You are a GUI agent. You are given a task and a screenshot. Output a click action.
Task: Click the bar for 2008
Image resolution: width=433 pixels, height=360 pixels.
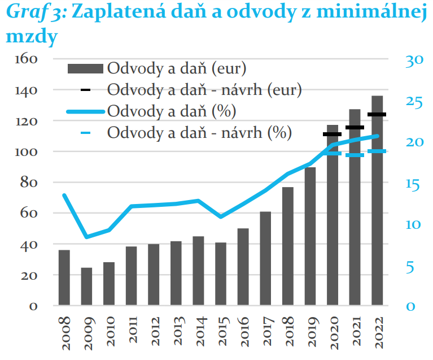[64, 277]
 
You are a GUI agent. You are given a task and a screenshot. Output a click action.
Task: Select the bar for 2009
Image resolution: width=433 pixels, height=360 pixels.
[87, 287]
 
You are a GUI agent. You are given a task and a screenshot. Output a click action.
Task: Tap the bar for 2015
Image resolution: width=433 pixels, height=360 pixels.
[221, 274]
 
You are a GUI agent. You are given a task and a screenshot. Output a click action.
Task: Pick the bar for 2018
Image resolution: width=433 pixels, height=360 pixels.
[288, 246]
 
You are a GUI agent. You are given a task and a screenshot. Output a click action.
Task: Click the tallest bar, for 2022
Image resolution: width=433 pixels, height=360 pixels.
[377, 201]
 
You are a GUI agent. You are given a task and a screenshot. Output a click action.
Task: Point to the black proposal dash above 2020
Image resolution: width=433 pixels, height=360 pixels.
[333, 134]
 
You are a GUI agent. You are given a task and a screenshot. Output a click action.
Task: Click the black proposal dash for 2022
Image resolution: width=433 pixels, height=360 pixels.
[377, 115]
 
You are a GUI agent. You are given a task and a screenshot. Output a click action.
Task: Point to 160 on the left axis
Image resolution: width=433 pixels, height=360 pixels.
[26, 59]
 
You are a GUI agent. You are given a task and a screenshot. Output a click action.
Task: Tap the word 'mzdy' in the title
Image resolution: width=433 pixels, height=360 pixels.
[32, 38]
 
